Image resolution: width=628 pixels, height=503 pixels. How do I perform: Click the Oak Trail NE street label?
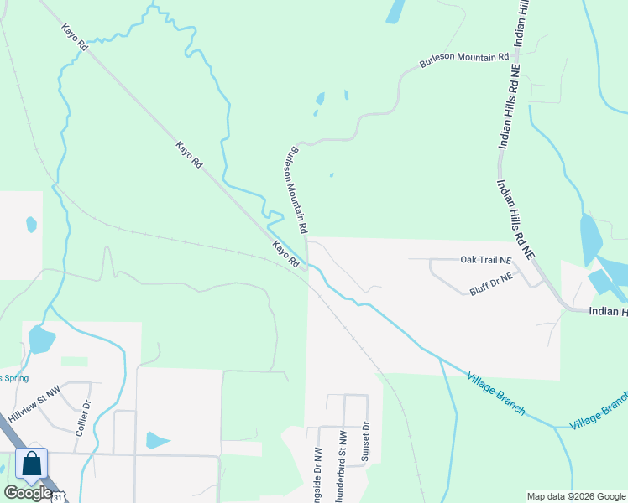click(x=485, y=260)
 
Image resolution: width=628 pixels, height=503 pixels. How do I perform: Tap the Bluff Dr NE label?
click(x=489, y=283)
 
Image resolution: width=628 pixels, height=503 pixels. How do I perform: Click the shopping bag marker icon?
click(x=31, y=463)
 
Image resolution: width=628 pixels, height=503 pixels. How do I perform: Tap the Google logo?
click(x=28, y=493)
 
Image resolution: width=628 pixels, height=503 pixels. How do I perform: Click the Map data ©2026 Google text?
click(x=575, y=496)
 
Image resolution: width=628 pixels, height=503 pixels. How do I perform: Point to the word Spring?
click(x=15, y=377)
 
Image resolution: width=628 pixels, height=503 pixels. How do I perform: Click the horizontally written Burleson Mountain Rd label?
click(x=464, y=61)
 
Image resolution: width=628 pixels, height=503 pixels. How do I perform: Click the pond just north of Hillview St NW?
click(x=39, y=340)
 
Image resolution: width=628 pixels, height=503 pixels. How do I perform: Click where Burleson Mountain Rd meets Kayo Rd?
click(x=308, y=266)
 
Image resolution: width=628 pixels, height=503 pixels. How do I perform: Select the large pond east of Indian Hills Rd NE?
click(x=590, y=239)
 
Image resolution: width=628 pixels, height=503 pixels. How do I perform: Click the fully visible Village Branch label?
click(x=497, y=394)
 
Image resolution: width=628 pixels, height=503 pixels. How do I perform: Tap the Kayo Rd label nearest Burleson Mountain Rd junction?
click(x=285, y=254)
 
